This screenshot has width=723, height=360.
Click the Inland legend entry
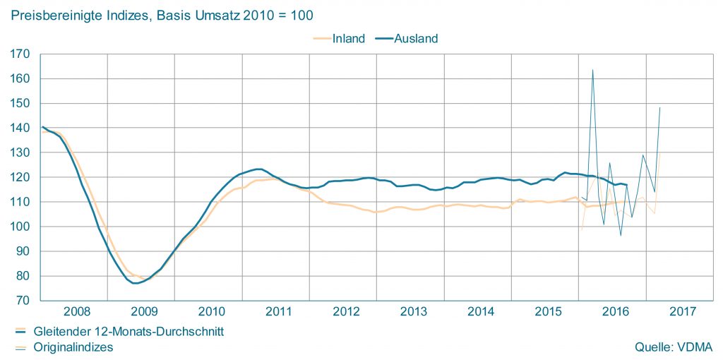click(x=348, y=39)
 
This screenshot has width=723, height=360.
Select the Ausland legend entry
click(x=417, y=39)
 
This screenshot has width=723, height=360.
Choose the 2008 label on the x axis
click(x=76, y=311)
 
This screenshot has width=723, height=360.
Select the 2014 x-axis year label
click(x=481, y=311)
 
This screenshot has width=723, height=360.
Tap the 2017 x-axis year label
click(x=683, y=311)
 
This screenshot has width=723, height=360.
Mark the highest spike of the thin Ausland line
click(x=592, y=70)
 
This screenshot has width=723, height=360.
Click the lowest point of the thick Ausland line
click(x=135, y=283)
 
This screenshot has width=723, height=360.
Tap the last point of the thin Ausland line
click(x=659, y=107)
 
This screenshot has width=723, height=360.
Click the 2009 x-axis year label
click(x=143, y=311)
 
